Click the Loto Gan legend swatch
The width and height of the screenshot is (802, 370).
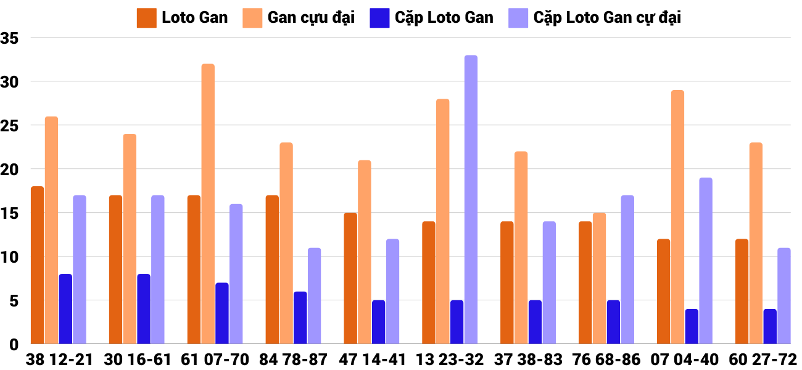(146, 18)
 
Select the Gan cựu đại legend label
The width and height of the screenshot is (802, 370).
(311, 18)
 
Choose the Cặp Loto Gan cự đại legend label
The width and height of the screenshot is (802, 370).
(607, 18)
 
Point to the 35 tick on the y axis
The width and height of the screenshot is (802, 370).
(10, 38)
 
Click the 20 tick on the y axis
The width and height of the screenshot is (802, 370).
(10, 169)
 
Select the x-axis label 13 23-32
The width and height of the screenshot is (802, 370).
(450, 360)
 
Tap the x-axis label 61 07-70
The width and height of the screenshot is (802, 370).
(215, 360)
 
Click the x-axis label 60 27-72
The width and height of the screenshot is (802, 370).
(763, 360)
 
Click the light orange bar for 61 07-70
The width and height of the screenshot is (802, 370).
(208, 203)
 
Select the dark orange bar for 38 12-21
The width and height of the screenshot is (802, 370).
(37, 265)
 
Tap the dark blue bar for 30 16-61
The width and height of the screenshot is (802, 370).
(144, 308)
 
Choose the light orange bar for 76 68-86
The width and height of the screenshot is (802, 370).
(599, 278)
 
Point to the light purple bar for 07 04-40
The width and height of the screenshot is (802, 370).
(706, 261)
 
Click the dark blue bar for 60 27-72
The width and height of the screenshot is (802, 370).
(770, 326)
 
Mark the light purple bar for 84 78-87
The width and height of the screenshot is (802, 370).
(315, 296)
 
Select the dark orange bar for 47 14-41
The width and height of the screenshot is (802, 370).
(350, 278)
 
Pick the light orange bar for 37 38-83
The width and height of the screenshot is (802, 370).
(521, 247)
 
